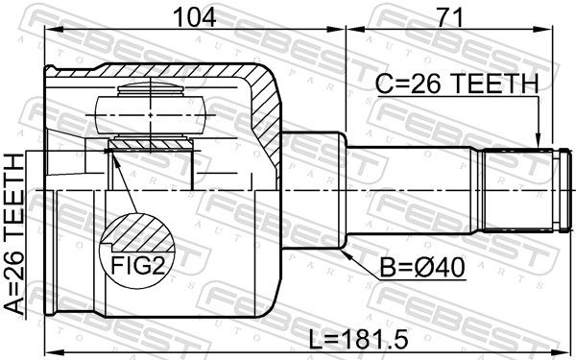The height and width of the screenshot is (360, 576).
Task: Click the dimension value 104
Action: (194, 18)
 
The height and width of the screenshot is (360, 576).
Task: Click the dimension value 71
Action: (449, 18)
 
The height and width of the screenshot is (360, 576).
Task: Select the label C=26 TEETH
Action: (457, 84)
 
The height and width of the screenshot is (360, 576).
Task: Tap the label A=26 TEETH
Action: (14, 234)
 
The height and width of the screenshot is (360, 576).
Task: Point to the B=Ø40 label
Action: (422, 268)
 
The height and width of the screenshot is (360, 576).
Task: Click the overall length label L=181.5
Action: (358, 339)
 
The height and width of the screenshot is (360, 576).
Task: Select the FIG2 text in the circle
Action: (137, 265)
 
